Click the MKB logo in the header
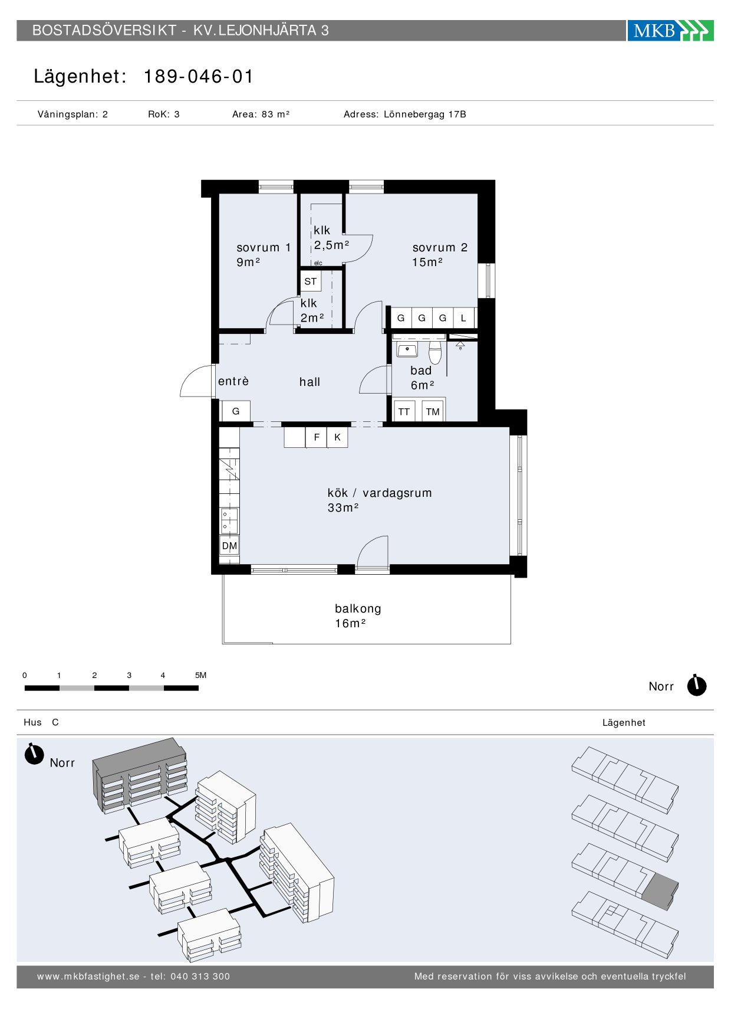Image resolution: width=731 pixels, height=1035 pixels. tap(670, 31)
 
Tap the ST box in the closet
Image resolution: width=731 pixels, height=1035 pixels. tap(311, 281)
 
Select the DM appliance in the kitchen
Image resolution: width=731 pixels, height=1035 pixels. tap(229, 546)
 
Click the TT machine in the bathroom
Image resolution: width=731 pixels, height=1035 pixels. tap(404, 411)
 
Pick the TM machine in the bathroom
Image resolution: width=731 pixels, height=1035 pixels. tap(433, 411)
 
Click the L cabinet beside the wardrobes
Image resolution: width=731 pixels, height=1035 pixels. tap(464, 318)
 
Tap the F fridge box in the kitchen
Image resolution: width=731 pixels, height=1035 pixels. tap(317, 437)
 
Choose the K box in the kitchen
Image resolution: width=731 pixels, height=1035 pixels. tap(337, 437)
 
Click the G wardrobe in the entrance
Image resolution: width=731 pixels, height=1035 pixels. tap(236, 411)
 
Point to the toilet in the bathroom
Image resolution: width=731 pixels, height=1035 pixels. tap(435, 352)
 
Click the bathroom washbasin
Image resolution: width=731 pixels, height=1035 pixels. tap(407, 349)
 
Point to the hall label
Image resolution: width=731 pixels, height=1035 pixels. tap(309, 382)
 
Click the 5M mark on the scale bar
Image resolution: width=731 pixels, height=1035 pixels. tap(200, 675)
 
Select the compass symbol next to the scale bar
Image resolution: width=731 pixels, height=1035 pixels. tap(697, 685)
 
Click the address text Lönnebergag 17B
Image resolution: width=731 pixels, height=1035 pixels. tap(425, 114)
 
